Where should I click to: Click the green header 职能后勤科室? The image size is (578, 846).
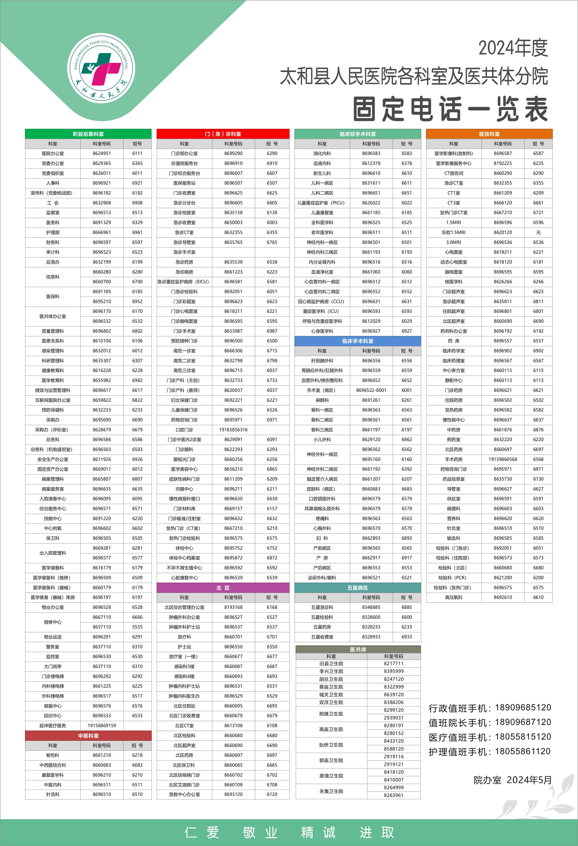[88, 134]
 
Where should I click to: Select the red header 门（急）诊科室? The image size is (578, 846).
[223, 134]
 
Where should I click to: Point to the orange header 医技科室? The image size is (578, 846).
[489, 134]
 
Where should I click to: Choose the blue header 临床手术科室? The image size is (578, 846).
[357, 341]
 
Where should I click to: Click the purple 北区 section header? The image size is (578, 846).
[223, 588]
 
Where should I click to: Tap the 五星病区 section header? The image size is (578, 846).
[357, 588]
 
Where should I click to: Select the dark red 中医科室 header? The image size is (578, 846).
[88, 736]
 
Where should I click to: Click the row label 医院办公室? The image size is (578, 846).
[53, 154]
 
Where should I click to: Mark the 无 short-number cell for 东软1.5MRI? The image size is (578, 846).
[538, 232]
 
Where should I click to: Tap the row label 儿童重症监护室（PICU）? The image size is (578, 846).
[322, 203]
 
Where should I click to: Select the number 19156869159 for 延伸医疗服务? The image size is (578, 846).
[102, 725]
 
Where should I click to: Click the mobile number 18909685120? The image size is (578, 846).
[523, 707]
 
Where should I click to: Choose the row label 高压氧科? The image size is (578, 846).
[453, 597]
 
